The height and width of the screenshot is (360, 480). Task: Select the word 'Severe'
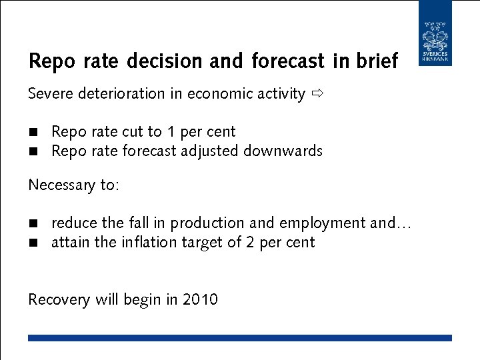51,94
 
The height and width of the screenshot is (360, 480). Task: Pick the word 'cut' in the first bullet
132,132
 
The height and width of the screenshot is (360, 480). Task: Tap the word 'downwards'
283,151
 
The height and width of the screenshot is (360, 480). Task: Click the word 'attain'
71,242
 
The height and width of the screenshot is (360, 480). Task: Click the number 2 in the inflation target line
249,242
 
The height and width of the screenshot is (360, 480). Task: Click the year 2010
200,299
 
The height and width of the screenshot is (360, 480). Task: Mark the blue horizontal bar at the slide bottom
240,338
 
